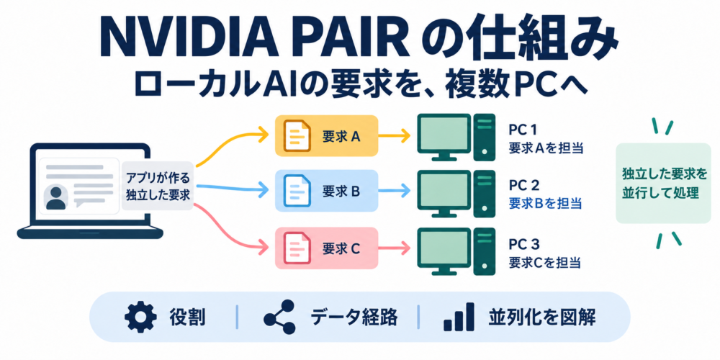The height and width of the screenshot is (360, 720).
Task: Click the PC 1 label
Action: tap(523, 130)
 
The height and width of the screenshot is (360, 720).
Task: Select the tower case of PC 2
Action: tap(485, 193)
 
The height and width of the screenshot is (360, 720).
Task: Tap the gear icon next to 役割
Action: tap(138, 316)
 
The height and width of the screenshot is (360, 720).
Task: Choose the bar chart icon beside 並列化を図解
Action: tap(459, 316)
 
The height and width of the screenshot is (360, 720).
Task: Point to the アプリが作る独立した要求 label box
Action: tap(157, 186)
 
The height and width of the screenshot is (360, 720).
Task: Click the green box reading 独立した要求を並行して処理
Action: tap(662, 183)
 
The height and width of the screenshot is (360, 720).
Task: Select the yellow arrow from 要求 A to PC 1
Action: tap(394, 135)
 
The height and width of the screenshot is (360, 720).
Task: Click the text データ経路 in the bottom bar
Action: tap(354, 317)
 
